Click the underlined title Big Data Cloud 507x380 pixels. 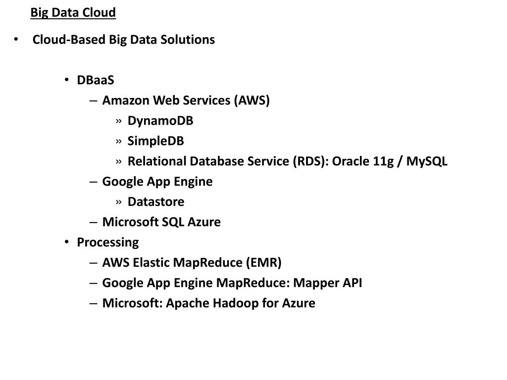(x=73, y=12)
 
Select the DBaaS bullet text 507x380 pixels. (x=96, y=80)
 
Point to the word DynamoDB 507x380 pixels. (x=160, y=121)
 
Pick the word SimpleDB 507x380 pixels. (x=155, y=141)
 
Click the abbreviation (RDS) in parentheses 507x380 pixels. (x=310, y=161)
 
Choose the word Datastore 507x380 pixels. (x=156, y=202)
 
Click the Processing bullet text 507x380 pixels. (x=108, y=242)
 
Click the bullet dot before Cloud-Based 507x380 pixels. (x=16, y=40)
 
